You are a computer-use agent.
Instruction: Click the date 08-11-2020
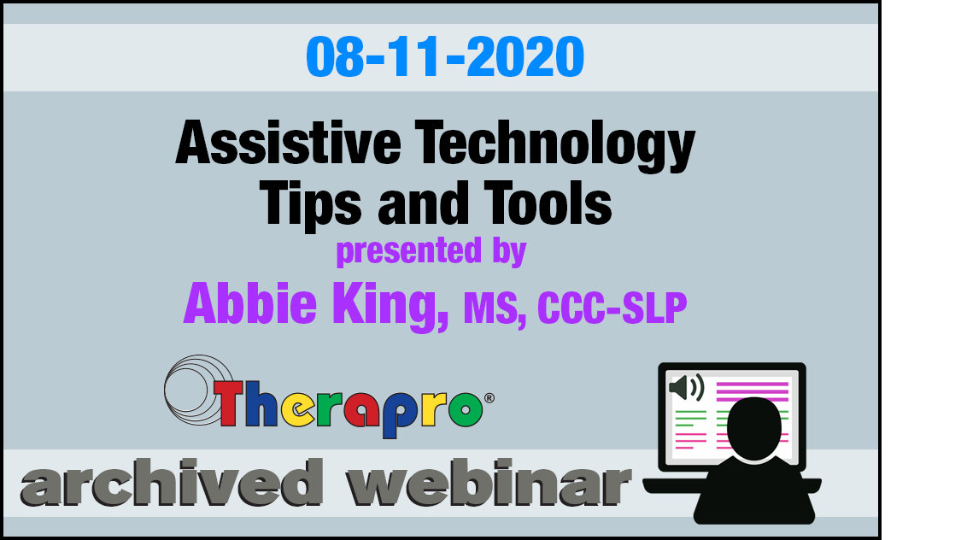[x=445, y=56]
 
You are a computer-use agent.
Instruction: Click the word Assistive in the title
[x=288, y=143]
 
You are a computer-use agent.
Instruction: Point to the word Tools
[x=548, y=202]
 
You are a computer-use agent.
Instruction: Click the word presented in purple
[x=409, y=250]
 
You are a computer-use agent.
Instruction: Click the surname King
[x=390, y=306]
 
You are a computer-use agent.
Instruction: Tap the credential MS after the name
[x=495, y=308]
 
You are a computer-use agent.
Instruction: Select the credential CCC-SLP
[x=612, y=308]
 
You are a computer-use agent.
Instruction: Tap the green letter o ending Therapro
[x=466, y=408]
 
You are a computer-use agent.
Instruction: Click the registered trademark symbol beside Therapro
[x=489, y=398]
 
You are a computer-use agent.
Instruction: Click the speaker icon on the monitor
[x=687, y=387]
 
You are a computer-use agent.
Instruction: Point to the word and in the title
[x=422, y=202]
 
